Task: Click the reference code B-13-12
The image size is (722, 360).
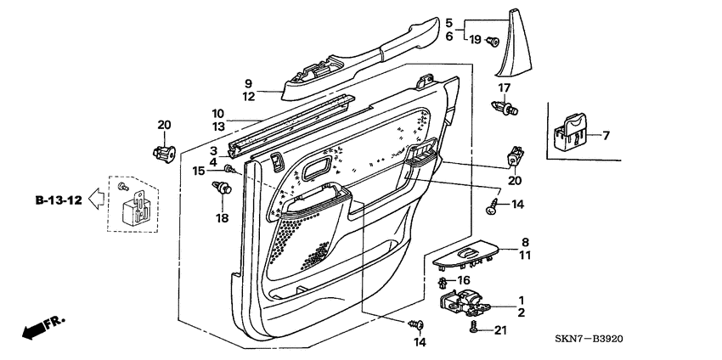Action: [x=59, y=201]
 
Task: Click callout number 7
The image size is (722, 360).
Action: [x=607, y=135]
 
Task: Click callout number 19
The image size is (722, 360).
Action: [x=475, y=40]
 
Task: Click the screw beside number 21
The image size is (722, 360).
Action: [x=475, y=327]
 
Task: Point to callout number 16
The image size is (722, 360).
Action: [x=463, y=279]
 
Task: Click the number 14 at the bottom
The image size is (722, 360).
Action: [x=416, y=342]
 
